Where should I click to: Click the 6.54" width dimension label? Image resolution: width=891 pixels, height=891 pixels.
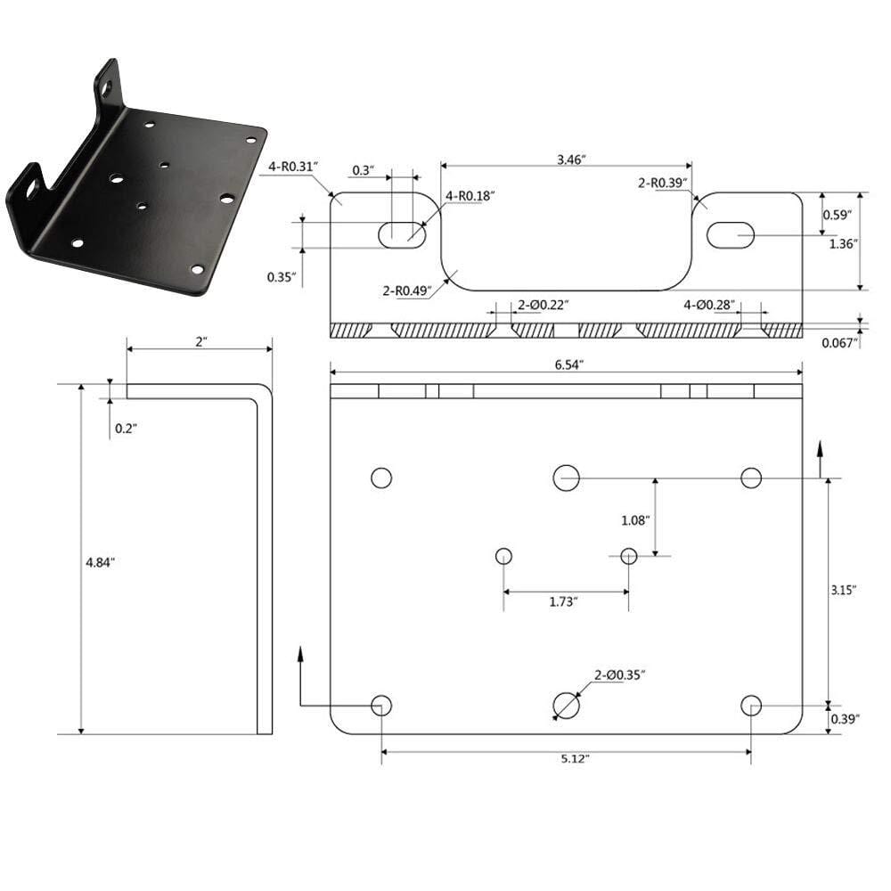point(566,363)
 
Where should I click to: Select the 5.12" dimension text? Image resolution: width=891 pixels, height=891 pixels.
point(576,758)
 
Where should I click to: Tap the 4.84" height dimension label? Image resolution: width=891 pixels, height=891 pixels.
point(100,561)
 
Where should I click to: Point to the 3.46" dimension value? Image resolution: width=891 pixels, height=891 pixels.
point(570,159)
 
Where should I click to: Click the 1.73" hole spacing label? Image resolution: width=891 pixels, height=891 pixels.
point(563,601)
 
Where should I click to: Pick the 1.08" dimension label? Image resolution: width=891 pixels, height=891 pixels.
point(635,519)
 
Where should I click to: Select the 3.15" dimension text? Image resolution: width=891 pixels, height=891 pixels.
point(842,590)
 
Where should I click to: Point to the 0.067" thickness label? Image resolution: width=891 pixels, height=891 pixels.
point(841,343)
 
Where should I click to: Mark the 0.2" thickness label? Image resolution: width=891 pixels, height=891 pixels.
point(127,429)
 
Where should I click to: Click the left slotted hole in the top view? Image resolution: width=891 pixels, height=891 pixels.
point(401,234)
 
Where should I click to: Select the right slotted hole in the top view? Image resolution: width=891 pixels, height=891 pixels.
point(731,234)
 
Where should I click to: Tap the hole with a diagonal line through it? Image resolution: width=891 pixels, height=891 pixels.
point(566,706)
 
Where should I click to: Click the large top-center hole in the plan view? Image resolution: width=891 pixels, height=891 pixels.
point(566,478)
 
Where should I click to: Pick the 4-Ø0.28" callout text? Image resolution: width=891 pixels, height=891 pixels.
point(710,306)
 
